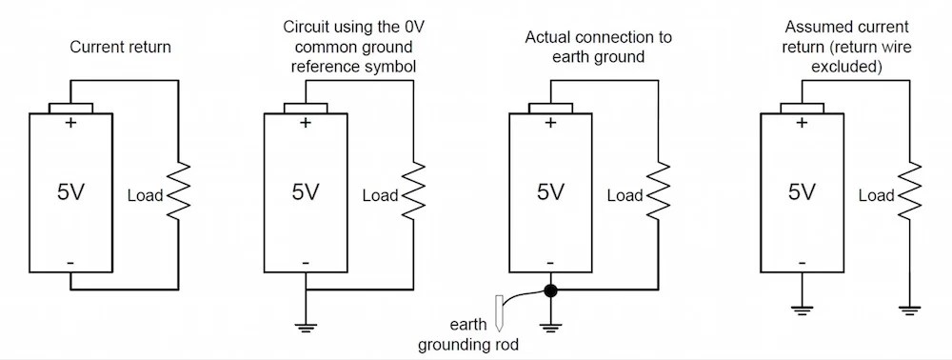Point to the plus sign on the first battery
[70, 123]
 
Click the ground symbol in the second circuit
[305, 328]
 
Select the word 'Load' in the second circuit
[381, 196]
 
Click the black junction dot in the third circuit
[550, 290]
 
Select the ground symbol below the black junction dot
[550, 328]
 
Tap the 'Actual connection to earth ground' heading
[598, 47]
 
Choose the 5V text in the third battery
[550, 192]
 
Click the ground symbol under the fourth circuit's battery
[802, 308]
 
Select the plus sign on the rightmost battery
[802, 123]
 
